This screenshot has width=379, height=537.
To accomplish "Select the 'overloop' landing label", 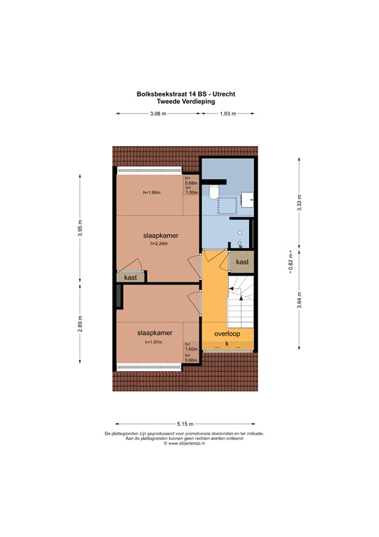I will tap(228, 334).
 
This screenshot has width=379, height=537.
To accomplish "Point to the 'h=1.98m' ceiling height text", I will tap(151, 192).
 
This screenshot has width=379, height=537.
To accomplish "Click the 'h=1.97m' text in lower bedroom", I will tap(153, 343).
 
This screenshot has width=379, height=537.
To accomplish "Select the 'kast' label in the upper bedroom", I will tap(131, 278).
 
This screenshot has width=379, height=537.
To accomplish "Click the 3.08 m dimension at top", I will tap(158, 114).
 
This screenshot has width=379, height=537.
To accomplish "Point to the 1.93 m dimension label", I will tap(228, 114).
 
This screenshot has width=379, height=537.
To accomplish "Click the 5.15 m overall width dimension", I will tap(186, 424).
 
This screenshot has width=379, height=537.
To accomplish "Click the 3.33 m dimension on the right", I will tap(299, 205).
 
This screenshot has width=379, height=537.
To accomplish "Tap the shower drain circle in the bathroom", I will tap(239, 233).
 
